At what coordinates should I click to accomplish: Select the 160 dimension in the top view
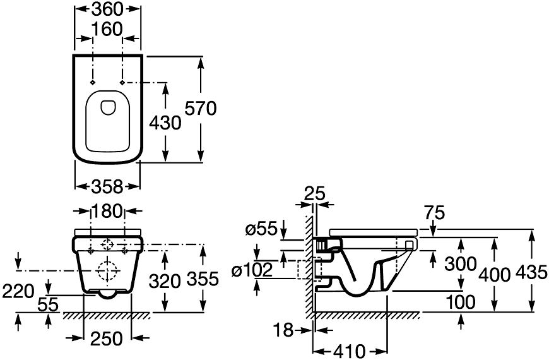tap(107, 29)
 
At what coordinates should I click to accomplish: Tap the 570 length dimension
tap(200, 109)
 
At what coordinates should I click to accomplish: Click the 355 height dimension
tap(203, 279)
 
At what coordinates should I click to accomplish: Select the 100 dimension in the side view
tap(460, 301)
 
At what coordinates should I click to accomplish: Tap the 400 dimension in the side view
tap(493, 272)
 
